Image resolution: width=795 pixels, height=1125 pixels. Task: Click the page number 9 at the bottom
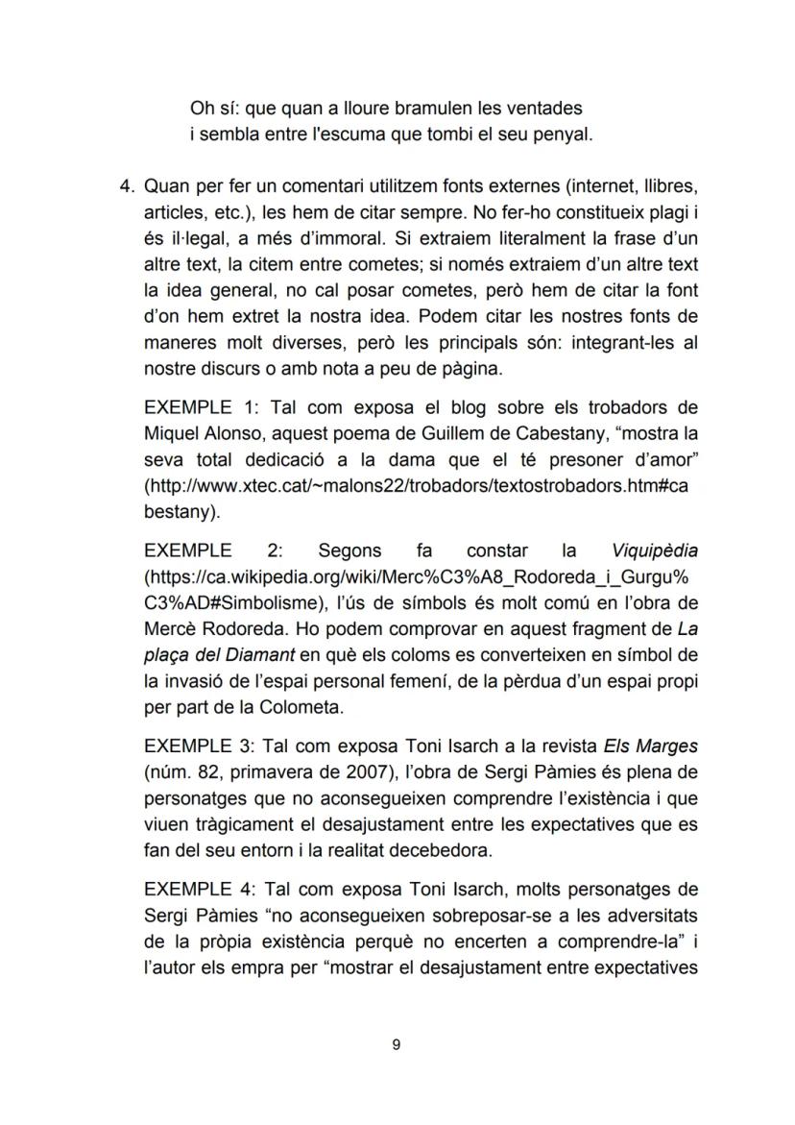click(x=397, y=1045)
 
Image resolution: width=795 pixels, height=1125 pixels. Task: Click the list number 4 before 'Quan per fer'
click(x=123, y=184)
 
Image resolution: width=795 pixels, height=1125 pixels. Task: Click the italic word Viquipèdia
click(x=654, y=551)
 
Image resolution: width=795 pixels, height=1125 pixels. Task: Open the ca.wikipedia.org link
click(x=419, y=577)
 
